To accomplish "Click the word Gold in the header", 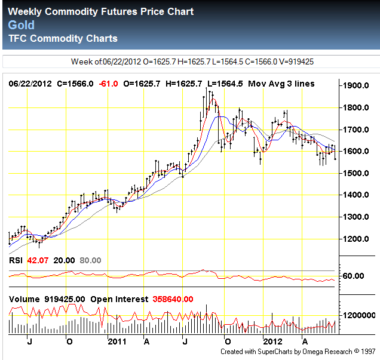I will (22, 25).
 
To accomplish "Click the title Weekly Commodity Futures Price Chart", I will (101, 12).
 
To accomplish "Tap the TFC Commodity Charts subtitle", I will (63, 39).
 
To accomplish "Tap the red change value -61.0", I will (109, 84).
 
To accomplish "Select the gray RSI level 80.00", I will (90, 260).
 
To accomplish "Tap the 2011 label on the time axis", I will (116, 341).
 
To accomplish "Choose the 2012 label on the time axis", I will (272, 341).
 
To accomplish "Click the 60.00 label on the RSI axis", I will (360, 276).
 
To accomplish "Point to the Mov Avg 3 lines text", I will (281, 84).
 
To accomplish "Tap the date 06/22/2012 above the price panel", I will (29, 84).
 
